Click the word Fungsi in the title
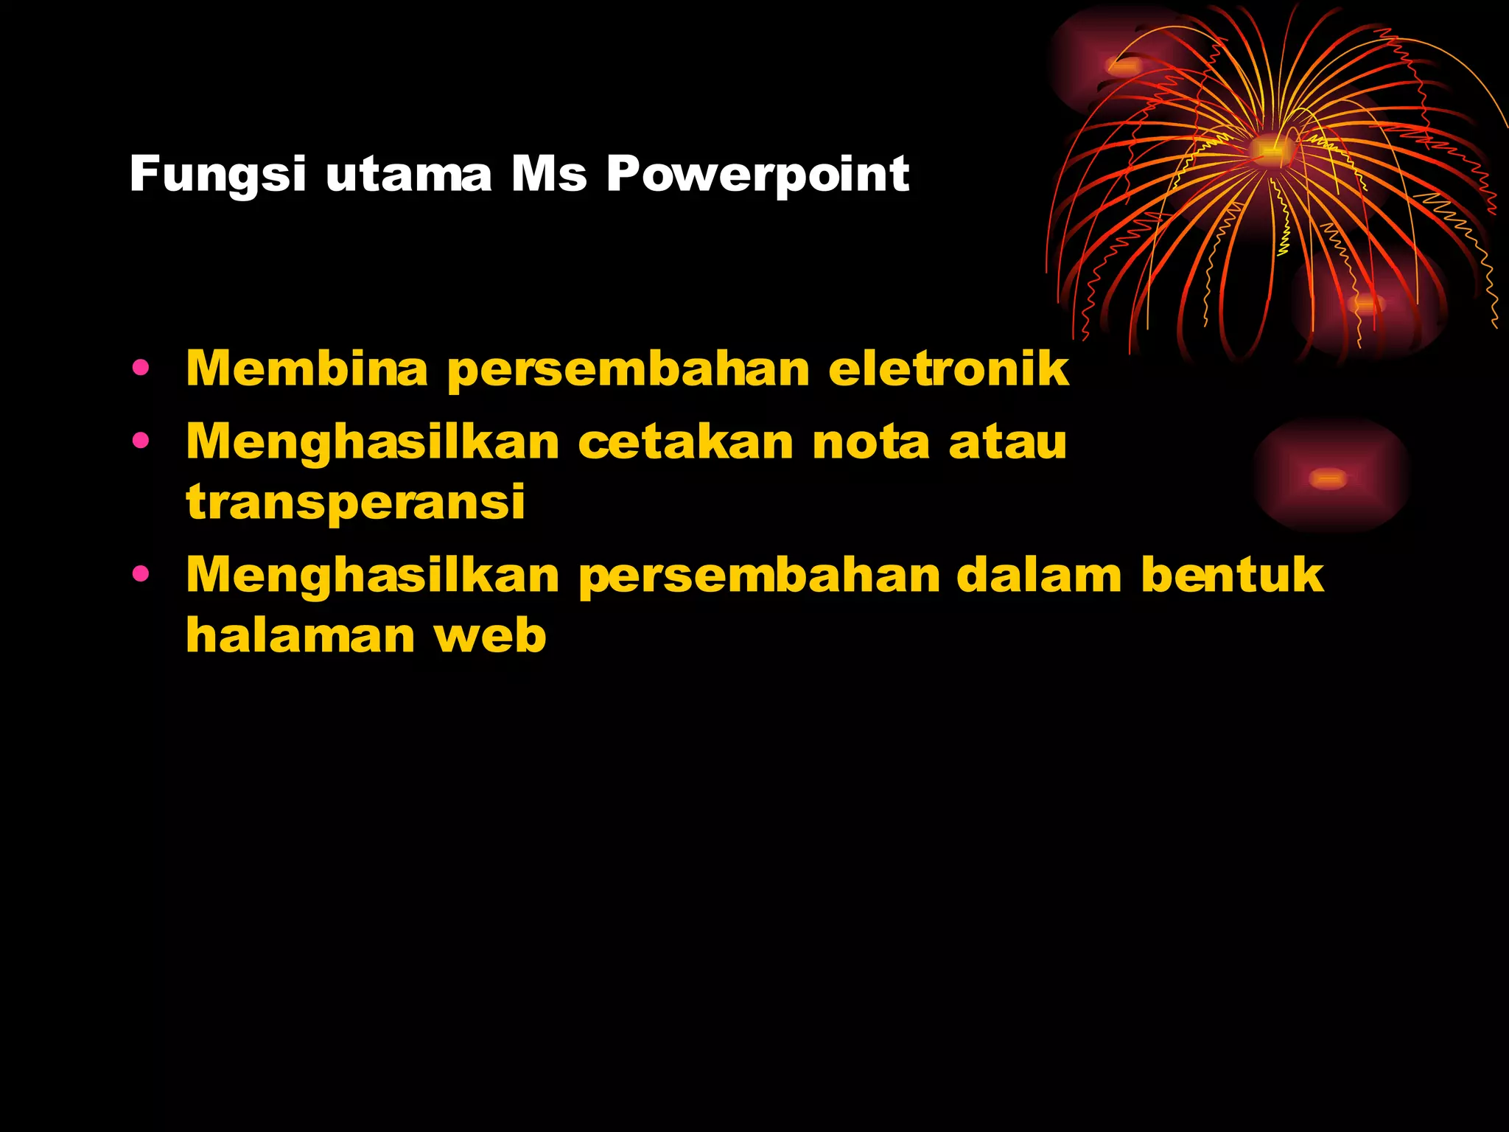click(217, 175)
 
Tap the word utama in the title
click(408, 175)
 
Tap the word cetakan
click(685, 442)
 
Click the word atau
click(1007, 442)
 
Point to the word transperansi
click(355, 503)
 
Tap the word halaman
click(301, 635)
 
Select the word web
click(490, 635)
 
